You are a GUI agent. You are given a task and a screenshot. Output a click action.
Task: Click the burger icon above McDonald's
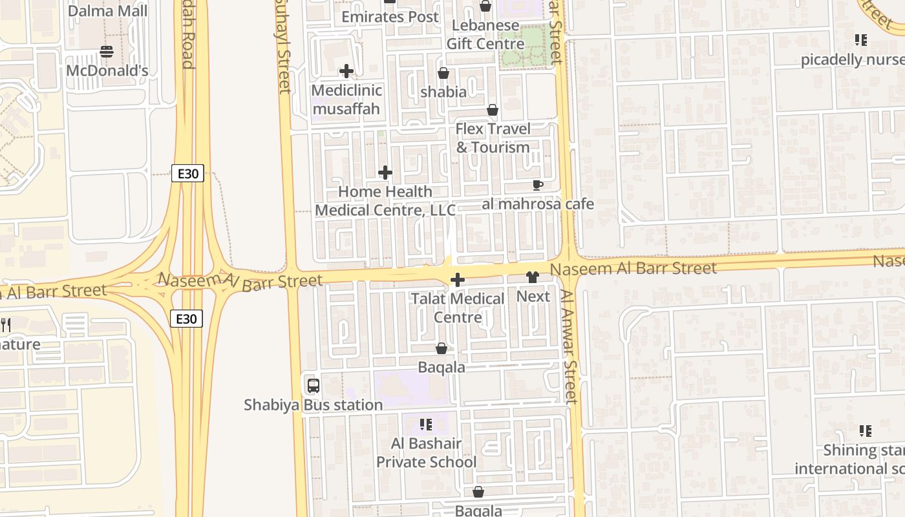pos(107,52)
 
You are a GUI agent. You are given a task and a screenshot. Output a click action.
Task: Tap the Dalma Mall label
pos(107,11)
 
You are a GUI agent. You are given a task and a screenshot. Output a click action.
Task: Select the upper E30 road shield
pos(187,173)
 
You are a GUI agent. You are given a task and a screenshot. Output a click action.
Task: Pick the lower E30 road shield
pos(186,318)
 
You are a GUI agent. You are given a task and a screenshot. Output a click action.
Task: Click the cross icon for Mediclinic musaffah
pos(346,71)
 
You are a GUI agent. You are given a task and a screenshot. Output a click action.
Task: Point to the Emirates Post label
pos(390,17)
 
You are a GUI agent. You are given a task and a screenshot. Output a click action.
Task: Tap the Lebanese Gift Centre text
pos(485,35)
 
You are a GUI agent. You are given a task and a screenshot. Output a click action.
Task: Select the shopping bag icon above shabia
pos(443,73)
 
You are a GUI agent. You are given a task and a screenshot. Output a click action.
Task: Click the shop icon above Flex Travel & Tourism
pos(493,110)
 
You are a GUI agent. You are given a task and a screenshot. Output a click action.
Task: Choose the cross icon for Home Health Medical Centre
pos(385,173)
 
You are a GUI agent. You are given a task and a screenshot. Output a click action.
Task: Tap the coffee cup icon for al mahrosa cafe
pos(537,185)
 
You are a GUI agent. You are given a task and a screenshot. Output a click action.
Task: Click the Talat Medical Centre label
pos(458,308)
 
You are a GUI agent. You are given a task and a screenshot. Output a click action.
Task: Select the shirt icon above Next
pos(533,278)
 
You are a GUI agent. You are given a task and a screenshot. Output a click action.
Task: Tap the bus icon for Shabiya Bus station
pos(314,386)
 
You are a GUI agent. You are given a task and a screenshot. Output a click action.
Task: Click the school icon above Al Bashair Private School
pos(426,425)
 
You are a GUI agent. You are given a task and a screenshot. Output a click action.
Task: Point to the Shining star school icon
pos(866,431)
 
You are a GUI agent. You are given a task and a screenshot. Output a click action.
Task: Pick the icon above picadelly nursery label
pos(860,41)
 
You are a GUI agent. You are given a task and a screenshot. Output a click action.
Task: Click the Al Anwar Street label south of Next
pos(568,346)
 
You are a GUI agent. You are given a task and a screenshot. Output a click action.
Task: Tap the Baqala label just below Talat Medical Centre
pos(442,367)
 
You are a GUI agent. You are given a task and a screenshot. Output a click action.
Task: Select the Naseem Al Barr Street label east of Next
pos(633,268)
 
